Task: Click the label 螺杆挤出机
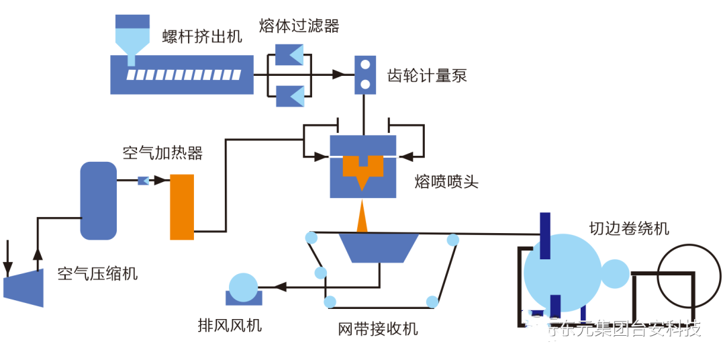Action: coord(202,36)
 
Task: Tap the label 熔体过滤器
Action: coord(299,26)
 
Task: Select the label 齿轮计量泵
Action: coord(427,75)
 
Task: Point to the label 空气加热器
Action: coord(162,153)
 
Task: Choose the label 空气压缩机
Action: coord(98,273)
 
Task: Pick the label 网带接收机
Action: coord(378,328)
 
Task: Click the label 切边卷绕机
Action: coord(629,228)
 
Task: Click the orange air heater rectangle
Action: coord(182,207)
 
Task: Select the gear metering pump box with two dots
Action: coord(365,74)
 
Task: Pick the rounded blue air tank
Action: coord(99,200)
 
